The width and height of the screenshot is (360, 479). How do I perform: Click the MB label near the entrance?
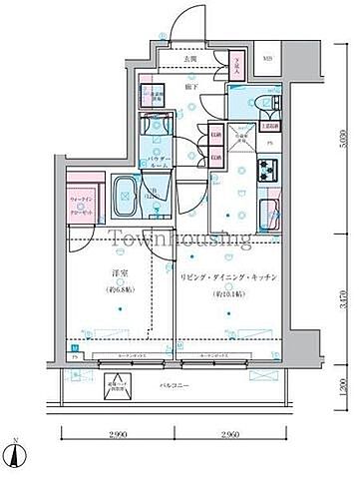coord(267,59)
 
